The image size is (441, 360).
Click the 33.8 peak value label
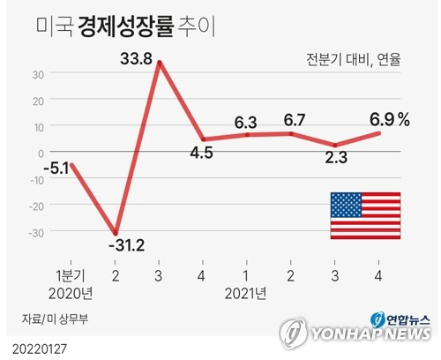(x=136, y=58)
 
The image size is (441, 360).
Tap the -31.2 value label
(x=127, y=245)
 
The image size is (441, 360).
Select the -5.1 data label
(x=56, y=169)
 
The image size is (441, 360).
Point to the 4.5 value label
(x=201, y=153)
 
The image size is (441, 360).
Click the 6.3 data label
(x=246, y=122)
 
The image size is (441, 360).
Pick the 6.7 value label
(x=295, y=120)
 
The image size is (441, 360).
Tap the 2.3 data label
(x=336, y=157)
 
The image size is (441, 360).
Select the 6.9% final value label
(x=390, y=120)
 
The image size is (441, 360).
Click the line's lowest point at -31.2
(x=116, y=233)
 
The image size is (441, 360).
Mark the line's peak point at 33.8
(x=160, y=63)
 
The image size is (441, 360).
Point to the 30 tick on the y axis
(x=38, y=75)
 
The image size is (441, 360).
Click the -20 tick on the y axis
(x=37, y=206)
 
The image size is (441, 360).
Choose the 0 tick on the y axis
(x=41, y=154)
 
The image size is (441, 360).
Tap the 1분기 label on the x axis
(x=71, y=276)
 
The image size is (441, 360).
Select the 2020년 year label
(x=71, y=293)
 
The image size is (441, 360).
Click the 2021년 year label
(x=246, y=293)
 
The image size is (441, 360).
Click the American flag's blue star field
(x=346, y=205)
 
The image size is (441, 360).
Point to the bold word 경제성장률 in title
(x=126, y=27)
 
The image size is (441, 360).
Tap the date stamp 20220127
(x=40, y=349)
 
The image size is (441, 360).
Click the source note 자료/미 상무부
(x=55, y=319)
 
